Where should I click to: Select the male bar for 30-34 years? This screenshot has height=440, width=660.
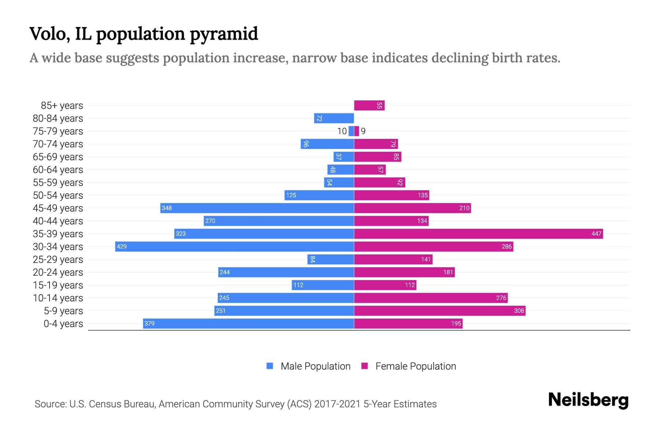235,246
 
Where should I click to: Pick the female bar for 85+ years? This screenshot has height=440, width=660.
368,106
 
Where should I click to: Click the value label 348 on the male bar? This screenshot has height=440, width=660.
167,208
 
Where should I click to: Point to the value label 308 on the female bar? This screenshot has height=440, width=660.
519,311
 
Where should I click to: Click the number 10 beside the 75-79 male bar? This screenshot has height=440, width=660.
342,131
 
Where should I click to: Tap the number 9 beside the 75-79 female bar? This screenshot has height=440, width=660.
363,131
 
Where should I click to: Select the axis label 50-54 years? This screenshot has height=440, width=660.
58,195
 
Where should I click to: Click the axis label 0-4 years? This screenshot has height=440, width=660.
63,324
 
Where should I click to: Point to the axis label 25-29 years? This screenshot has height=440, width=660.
58,260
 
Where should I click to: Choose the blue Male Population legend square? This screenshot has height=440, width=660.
270,366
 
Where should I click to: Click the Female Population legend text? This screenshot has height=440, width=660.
415,366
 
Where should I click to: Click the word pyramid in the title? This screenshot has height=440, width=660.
224,34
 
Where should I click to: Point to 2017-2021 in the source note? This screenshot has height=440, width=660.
337,404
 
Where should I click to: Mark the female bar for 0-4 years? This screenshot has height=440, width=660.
408,323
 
